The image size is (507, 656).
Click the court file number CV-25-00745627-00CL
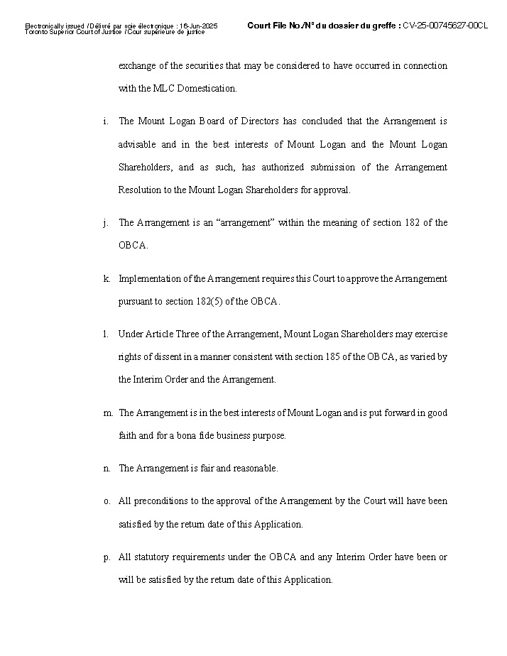coord(445,26)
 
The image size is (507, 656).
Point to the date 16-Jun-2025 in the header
coord(200,26)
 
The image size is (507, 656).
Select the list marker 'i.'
coord(105,122)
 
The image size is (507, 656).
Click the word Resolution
coord(140,190)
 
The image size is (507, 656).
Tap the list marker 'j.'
coord(105,223)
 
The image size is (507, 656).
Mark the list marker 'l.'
coord(105,334)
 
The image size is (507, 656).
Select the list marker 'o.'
coord(106,501)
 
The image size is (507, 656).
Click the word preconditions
coord(156,501)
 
